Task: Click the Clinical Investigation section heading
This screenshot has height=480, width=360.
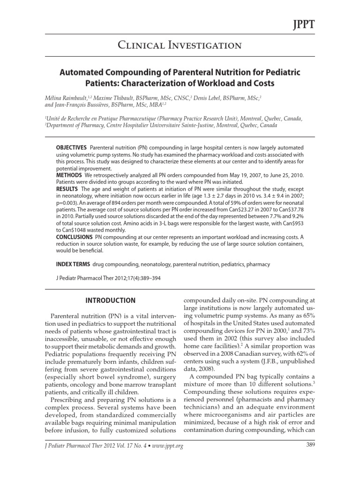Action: (x=180, y=45)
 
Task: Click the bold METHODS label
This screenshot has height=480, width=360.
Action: (x=69, y=175)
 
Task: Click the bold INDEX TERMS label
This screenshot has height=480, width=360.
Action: (x=73, y=264)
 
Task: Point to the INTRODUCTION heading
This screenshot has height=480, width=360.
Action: (x=111, y=300)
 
